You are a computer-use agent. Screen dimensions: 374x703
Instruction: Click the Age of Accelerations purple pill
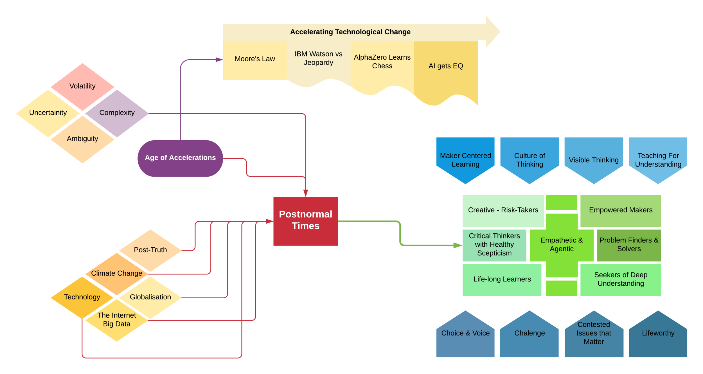[180, 158]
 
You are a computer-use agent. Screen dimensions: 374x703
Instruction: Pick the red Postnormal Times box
[305, 221]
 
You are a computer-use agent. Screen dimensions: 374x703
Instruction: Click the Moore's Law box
[255, 60]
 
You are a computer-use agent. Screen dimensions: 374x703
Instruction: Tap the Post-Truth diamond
[150, 250]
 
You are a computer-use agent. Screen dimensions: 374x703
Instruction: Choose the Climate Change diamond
[117, 274]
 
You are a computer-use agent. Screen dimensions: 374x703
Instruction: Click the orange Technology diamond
[82, 297]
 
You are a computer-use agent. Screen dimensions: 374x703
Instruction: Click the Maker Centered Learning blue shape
[465, 159]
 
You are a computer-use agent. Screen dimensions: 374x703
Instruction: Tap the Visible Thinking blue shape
[594, 159]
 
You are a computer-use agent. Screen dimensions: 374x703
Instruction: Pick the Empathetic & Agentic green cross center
[562, 245]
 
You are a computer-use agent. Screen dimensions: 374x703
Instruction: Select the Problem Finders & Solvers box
[629, 245]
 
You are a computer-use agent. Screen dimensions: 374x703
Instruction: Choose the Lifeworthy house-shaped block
[658, 336]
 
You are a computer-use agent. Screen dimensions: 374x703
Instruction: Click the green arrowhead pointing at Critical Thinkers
[458, 245]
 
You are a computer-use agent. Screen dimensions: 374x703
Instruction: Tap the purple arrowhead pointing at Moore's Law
[219, 60]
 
